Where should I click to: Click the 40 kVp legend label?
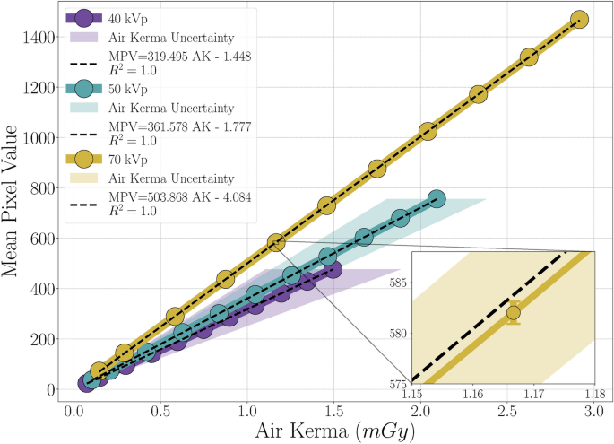124,18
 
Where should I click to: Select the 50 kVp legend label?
124,89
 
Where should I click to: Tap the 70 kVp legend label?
124,159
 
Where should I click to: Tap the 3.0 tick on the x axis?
593,408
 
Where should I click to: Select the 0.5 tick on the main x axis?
160,408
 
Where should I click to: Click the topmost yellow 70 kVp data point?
579,20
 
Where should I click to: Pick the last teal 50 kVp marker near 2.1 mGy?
437,199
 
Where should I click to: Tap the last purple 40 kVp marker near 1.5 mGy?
333,269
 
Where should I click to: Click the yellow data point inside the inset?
513,313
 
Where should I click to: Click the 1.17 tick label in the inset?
533,392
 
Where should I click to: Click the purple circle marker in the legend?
82,18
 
